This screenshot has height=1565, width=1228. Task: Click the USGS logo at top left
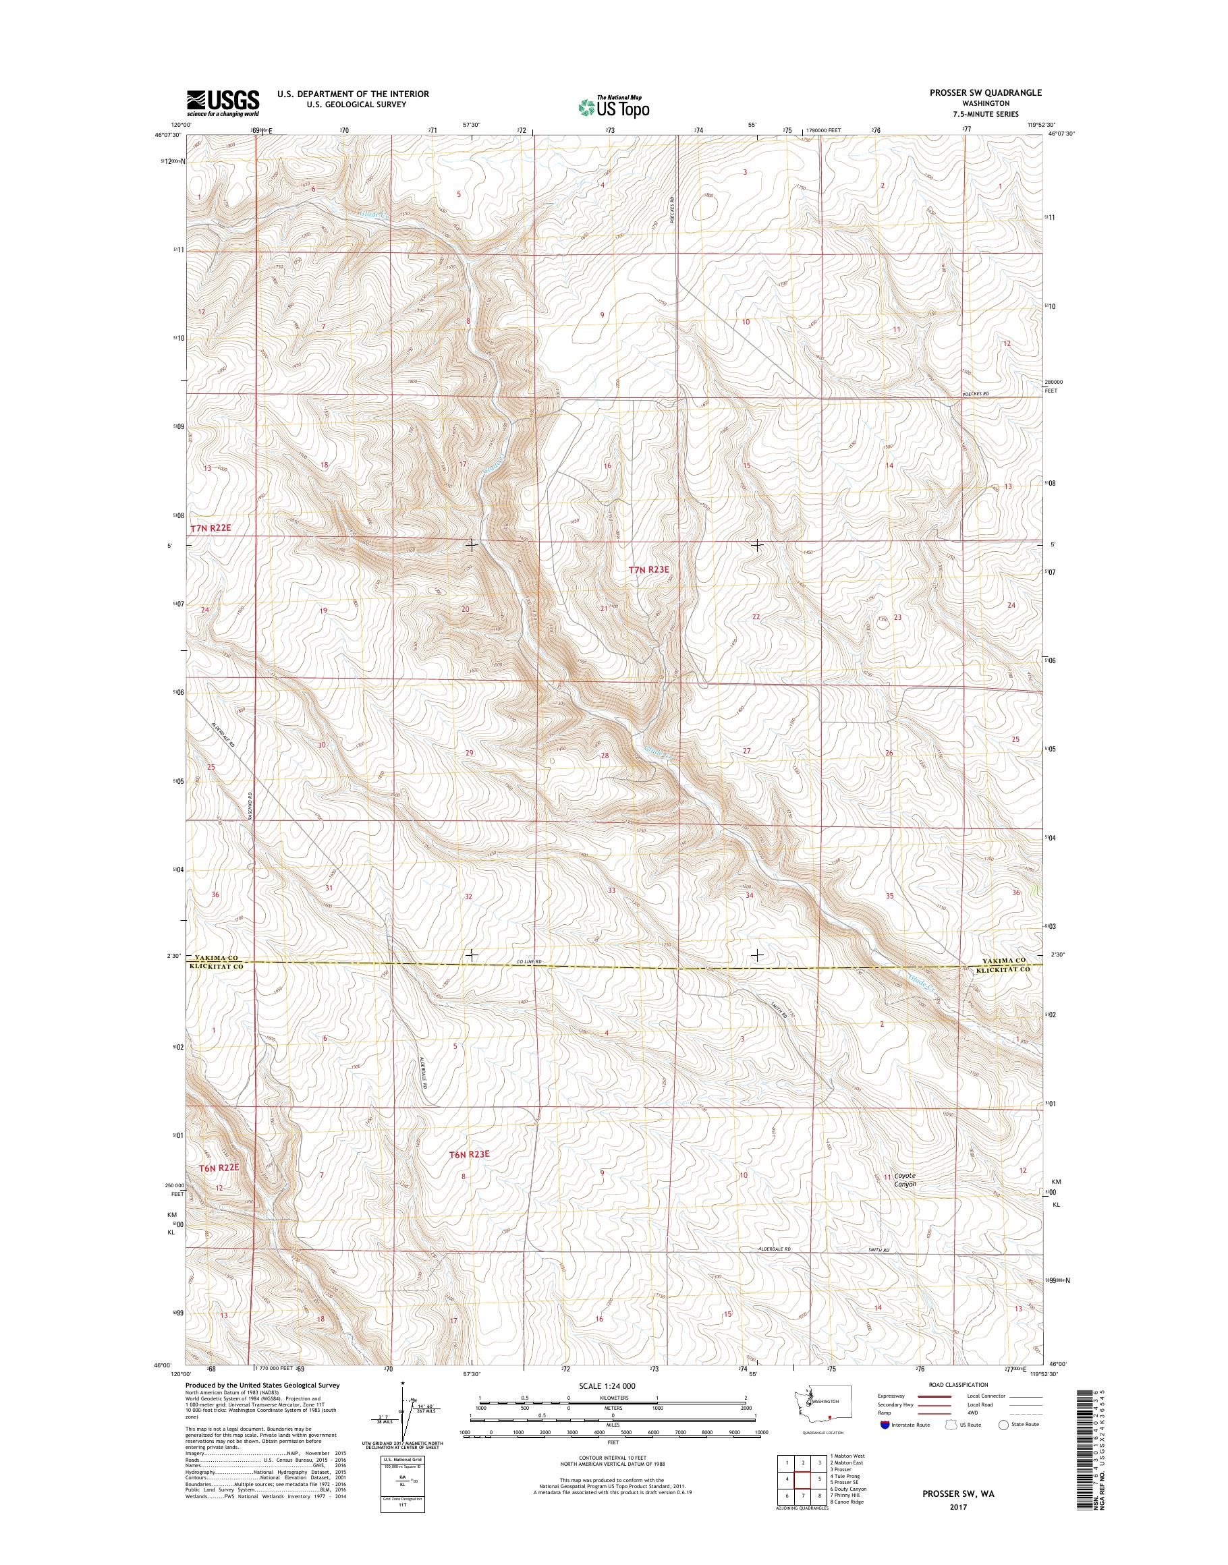223,103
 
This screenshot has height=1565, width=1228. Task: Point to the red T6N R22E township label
219,1168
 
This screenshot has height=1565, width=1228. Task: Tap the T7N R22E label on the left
212,528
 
